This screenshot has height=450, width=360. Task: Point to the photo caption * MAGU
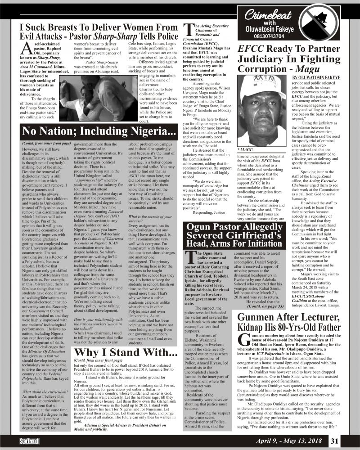tap(245, 148)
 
